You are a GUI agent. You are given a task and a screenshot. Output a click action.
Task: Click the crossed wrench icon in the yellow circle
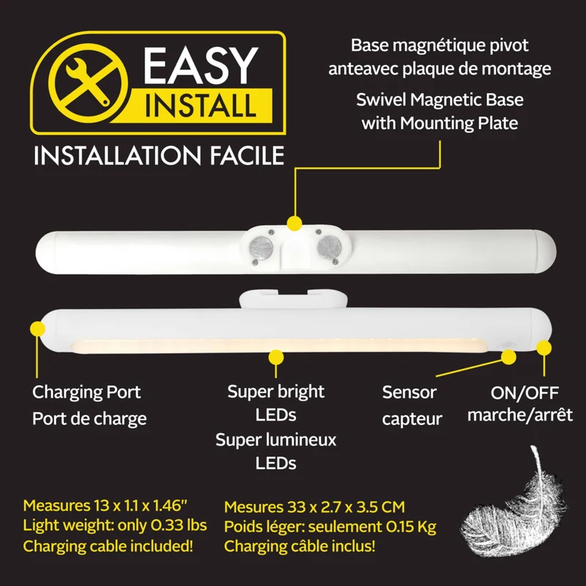[x=87, y=82]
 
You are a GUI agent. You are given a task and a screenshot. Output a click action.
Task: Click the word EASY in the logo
[x=200, y=66]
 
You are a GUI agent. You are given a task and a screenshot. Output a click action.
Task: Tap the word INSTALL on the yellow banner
[x=200, y=105]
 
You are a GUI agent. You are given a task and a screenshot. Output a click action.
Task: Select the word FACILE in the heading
[x=247, y=155]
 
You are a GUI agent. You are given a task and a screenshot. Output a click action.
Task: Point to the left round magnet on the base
[x=262, y=247]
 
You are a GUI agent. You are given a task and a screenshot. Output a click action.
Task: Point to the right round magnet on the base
[x=329, y=247]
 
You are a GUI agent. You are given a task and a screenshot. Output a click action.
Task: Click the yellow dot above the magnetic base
[x=294, y=223]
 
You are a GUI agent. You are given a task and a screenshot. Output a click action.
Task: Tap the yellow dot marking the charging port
[x=37, y=329]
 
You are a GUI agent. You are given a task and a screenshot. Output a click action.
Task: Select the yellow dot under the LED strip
[x=276, y=357]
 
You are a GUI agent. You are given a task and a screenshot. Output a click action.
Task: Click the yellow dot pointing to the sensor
[x=508, y=357]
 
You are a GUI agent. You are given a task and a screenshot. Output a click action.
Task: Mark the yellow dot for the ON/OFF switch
[x=544, y=347]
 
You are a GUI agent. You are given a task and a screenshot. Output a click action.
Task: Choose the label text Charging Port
[x=86, y=392]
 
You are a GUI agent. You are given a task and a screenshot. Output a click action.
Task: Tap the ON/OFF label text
[x=524, y=393]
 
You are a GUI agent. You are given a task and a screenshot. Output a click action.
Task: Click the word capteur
[x=412, y=419]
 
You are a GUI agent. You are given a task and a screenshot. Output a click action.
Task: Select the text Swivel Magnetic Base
[x=439, y=100]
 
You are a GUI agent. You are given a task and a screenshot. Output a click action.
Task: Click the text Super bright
[x=276, y=392]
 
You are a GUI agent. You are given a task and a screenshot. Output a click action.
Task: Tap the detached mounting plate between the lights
[x=294, y=298]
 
